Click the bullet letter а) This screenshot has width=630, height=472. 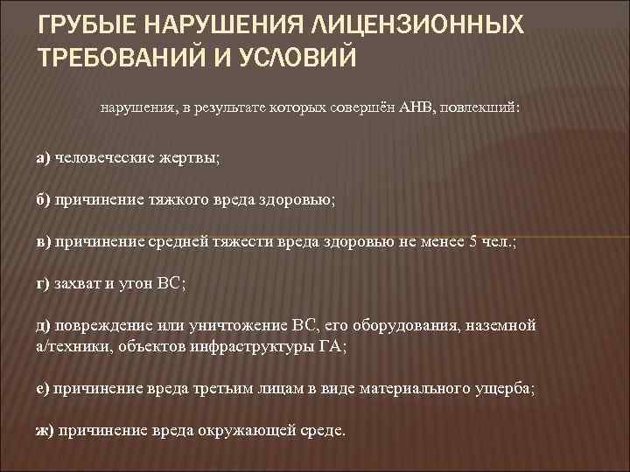43,158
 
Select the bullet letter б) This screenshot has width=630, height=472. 43,199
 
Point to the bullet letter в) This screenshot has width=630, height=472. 43,241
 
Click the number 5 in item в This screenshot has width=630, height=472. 473,241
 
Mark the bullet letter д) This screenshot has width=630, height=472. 43,326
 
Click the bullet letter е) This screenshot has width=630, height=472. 43,389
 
